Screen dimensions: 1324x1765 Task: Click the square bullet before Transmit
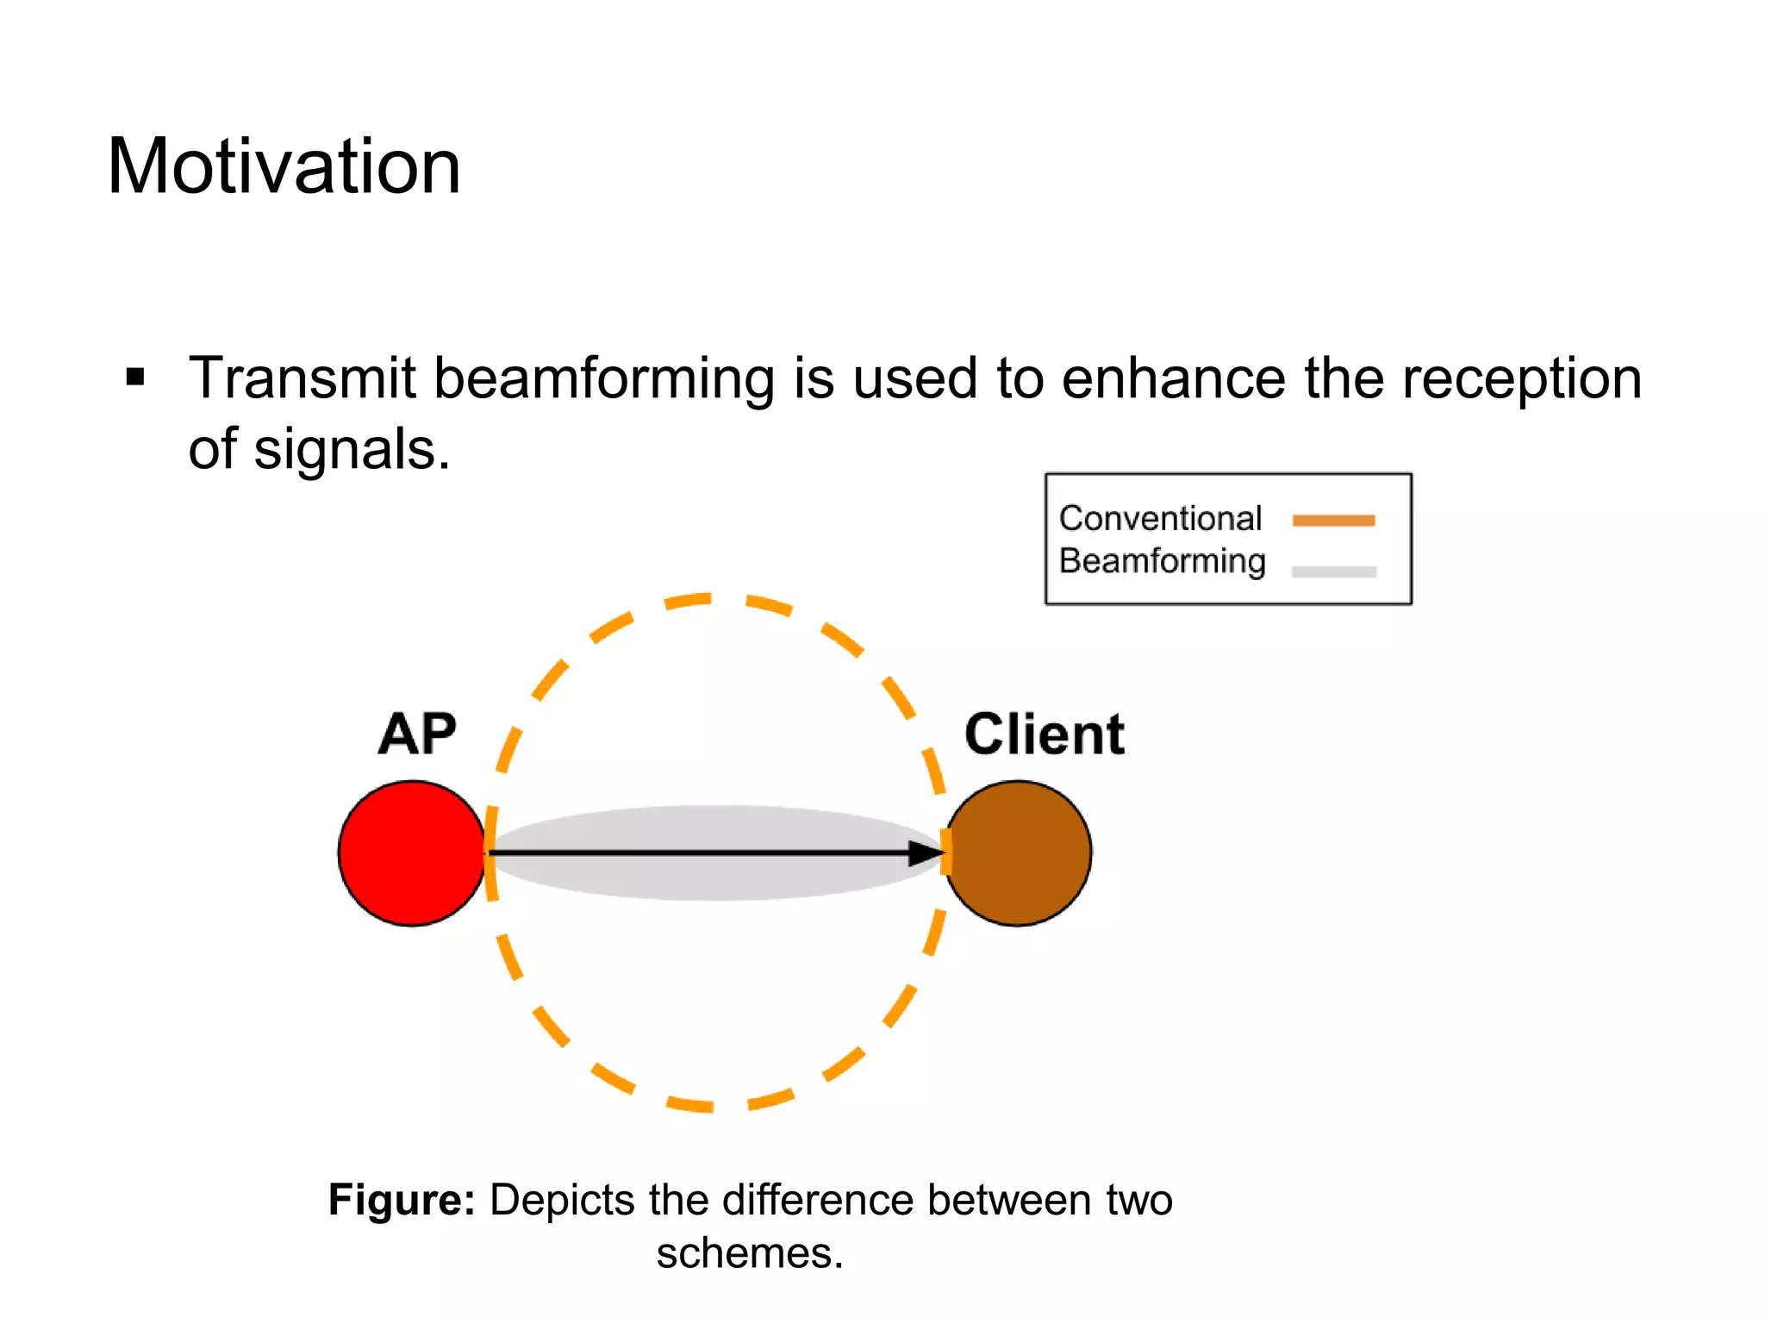pos(134,378)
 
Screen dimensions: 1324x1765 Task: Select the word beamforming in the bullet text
pos(603,379)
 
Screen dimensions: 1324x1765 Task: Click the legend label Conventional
pos(1160,518)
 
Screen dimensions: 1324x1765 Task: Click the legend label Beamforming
pos(1162,561)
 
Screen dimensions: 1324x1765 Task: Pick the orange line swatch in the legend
pos(1333,520)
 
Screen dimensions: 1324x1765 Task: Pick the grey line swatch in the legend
pos(1333,571)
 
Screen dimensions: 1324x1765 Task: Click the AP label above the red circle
pos(417,734)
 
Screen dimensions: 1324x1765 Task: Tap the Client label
pos(1044,734)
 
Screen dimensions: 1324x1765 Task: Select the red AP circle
pos(411,853)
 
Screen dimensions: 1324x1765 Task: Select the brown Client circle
pos(1020,853)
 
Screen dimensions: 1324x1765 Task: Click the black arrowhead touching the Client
pos(926,853)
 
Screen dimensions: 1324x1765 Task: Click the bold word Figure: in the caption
pos(402,1200)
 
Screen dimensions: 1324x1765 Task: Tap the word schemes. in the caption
pos(749,1253)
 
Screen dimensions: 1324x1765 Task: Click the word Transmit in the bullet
pos(302,379)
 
